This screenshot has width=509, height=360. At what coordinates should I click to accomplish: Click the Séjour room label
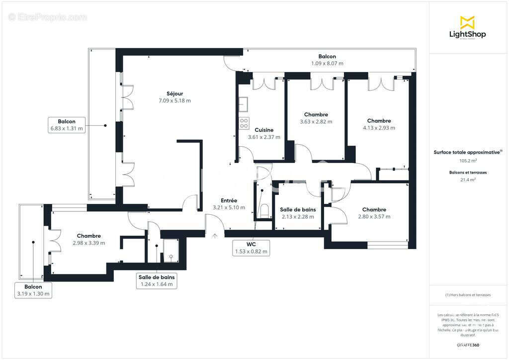(175, 93)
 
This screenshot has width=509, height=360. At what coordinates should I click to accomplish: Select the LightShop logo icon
(467, 22)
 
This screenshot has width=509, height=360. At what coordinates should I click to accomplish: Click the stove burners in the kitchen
(244, 123)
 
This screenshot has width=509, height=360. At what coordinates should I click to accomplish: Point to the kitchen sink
(243, 104)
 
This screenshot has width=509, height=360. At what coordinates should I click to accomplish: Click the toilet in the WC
(264, 210)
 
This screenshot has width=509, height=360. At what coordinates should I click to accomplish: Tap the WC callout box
(252, 248)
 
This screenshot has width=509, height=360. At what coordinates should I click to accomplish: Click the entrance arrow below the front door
(215, 236)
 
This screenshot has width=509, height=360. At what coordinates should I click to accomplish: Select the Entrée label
(229, 200)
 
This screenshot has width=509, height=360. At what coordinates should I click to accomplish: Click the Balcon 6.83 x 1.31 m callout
(67, 125)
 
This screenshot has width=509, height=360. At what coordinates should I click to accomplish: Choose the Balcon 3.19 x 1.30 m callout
(33, 290)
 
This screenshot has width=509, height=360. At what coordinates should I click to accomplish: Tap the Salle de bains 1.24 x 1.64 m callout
(156, 281)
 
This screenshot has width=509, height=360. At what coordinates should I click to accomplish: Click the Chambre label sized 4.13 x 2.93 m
(379, 121)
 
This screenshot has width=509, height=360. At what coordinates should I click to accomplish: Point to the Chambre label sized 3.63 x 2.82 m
(316, 115)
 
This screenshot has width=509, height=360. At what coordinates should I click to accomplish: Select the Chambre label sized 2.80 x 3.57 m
(374, 210)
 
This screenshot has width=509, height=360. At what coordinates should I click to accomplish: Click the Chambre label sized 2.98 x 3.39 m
(89, 236)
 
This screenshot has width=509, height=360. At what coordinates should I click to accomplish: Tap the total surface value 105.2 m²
(468, 161)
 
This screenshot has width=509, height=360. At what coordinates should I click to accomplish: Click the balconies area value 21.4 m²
(468, 180)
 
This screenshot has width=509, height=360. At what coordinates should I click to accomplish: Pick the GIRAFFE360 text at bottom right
(468, 345)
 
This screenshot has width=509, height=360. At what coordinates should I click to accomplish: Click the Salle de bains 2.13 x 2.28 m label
(298, 210)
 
